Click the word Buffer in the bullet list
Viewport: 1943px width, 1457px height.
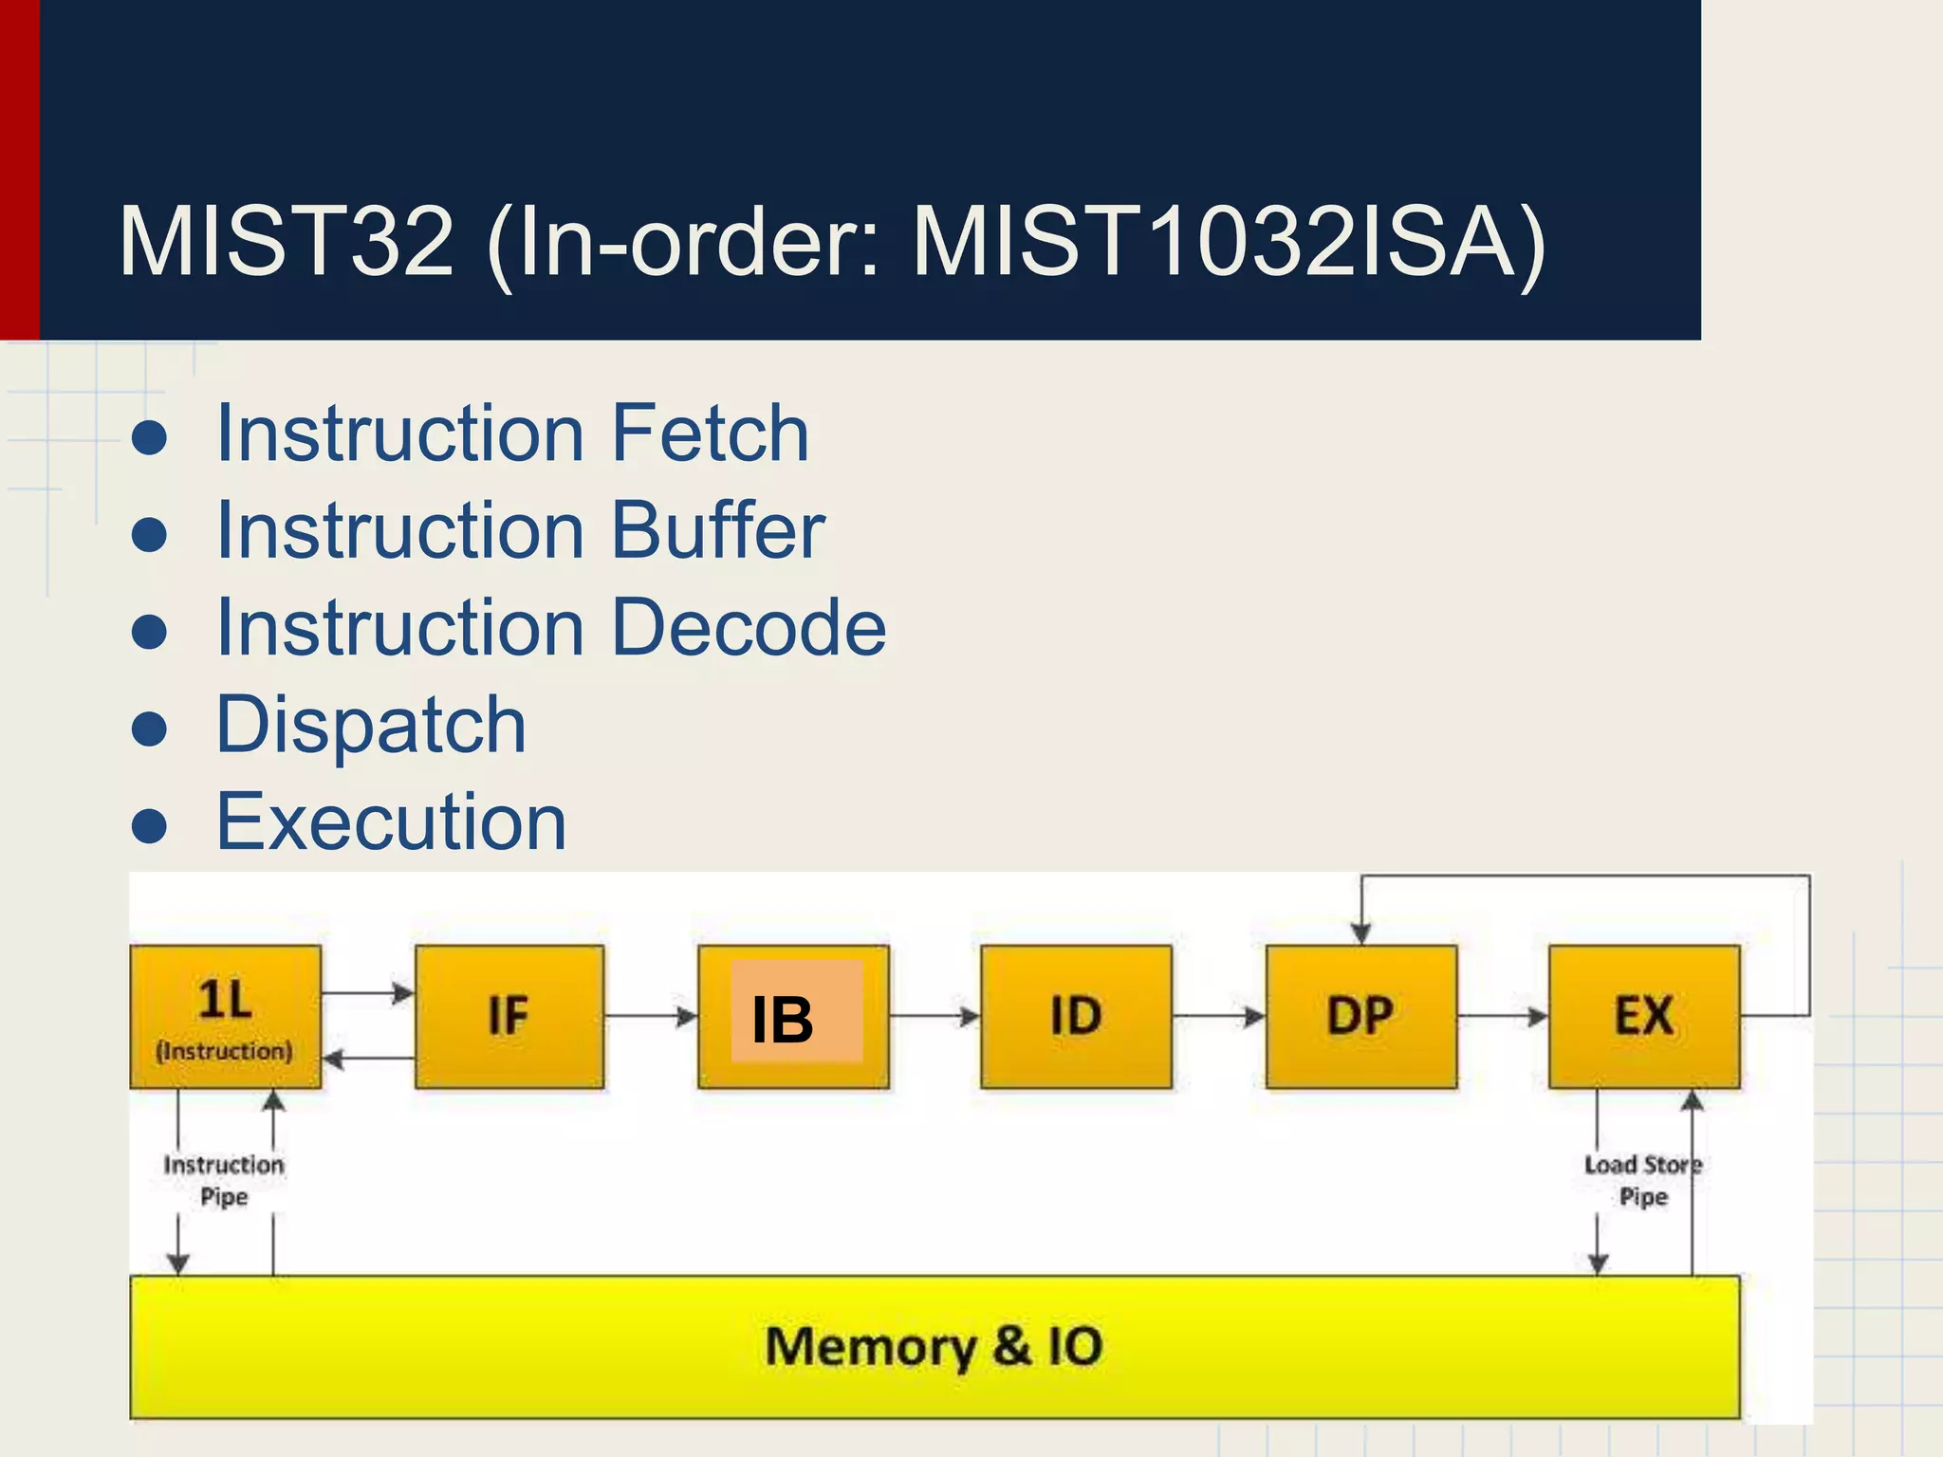(x=718, y=530)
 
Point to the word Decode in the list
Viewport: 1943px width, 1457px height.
(x=749, y=627)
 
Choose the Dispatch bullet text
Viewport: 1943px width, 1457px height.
(x=371, y=725)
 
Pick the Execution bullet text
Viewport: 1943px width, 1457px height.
(x=391, y=821)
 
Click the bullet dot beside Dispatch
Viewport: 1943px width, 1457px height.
(x=150, y=728)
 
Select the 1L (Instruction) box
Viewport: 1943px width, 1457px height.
(x=225, y=1017)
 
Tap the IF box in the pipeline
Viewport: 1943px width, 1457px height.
(x=509, y=1017)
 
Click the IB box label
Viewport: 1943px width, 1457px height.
(x=784, y=1021)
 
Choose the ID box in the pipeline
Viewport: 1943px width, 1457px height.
(x=1076, y=1017)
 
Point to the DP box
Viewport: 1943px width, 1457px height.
(x=1360, y=1017)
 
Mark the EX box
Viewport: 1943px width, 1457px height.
(x=1644, y=1017)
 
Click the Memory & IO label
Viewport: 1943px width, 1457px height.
(x=934, y=1347)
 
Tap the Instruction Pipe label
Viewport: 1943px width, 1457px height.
(x=224, y=1180)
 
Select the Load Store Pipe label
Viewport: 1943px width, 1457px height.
(x=1643, y=1180)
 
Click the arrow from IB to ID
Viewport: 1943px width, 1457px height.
(x=935, y=1017)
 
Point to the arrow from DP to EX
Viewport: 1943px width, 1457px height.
(x=1503, y=1017)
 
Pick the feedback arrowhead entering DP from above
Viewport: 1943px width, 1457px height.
(x=1361, y=933)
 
